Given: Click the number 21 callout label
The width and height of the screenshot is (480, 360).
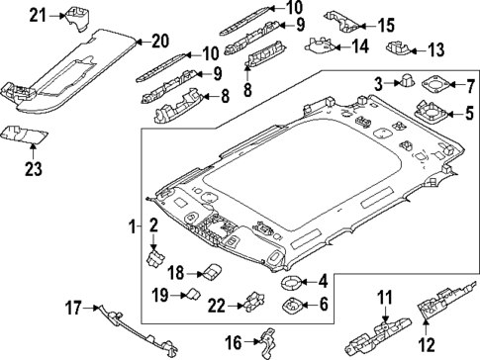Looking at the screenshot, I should click(37, 14).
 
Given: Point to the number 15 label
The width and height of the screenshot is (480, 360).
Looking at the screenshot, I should click(386, 25).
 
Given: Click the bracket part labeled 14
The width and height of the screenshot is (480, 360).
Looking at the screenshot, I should click(321, 44).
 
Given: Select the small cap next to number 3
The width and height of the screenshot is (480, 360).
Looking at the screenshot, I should click(403, 83).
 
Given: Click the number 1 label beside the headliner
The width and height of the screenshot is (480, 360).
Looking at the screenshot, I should click(135, 228).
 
